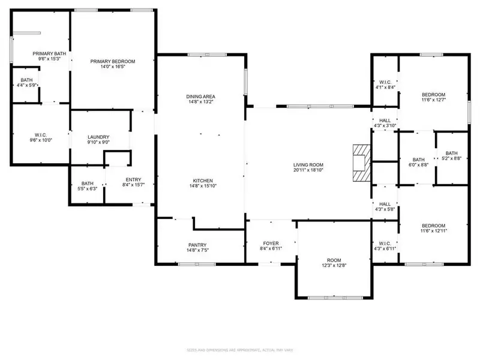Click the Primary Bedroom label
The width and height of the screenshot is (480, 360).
[x=113, y=61]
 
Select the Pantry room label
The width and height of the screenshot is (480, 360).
[x=197, y=245]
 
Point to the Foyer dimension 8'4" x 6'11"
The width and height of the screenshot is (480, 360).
[x=271, y=248]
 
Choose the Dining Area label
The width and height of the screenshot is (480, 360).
[x=201, y=97]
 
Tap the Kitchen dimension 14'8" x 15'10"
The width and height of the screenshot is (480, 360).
[x=201, y=187]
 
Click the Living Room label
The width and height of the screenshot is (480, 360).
[x=308, y=165]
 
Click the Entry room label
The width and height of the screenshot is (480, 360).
[x=133, y=179]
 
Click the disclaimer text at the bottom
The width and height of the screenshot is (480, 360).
[x=240, y=349]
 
